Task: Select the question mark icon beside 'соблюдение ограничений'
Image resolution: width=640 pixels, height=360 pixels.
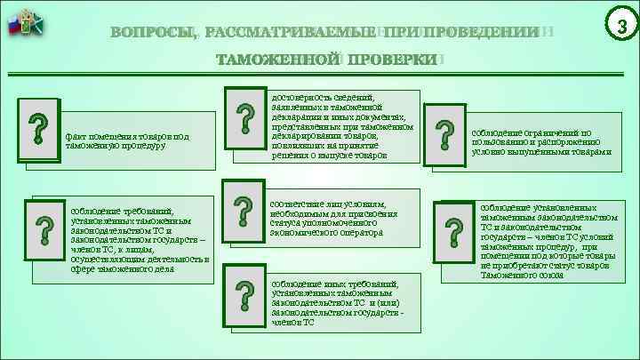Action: point(442,136)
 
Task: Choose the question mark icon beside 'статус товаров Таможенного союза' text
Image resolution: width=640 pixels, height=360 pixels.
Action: point(453,233)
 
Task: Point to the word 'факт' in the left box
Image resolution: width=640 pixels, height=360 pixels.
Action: point(75,137)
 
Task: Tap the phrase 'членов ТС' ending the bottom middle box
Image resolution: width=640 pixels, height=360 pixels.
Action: point(293,322)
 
